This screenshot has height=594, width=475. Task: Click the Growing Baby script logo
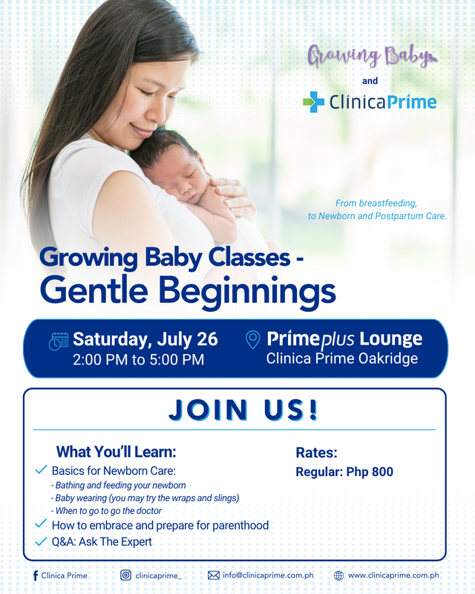click(373, 56)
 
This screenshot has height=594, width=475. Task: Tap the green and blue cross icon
click(314, 102)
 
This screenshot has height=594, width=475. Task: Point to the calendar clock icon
click(59, 342)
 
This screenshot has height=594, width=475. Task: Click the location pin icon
click(253, 340)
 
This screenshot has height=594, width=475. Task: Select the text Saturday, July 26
click(145, 339)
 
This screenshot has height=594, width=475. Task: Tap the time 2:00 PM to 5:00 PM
click(139, 359)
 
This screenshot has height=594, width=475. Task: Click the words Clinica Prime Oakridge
click(342, 359)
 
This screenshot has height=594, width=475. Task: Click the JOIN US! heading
click(243, 410)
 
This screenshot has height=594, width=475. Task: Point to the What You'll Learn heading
click(117, 451)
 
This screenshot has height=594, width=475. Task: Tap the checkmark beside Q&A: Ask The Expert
click(41, 541)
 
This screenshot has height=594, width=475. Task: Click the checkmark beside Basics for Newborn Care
click(41, 470)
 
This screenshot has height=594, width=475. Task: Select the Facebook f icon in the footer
click(36, 575)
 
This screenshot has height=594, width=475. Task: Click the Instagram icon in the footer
click(125, 575)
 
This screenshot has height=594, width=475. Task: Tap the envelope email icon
click(214, 575)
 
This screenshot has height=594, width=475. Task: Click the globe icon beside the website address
click(338, 575)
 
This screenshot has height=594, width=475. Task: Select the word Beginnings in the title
click(247, 291)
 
